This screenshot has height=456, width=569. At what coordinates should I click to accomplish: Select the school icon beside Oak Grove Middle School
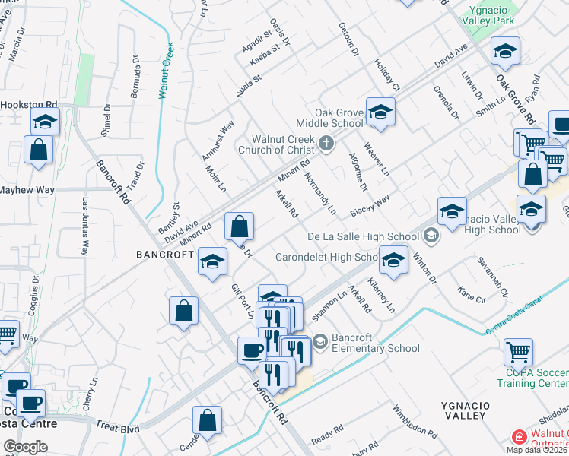click(x=379, y=112)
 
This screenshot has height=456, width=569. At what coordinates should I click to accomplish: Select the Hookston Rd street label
click(x=29, y=104)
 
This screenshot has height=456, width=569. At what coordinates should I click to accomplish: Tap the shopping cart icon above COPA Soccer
click(x=518, y=353)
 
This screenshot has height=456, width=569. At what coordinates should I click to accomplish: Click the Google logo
click(x=25, y=446)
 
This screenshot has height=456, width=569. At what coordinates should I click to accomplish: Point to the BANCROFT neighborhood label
click(x=165, y=254)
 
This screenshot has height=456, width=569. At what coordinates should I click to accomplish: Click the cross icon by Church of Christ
click(x=326, y=143)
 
